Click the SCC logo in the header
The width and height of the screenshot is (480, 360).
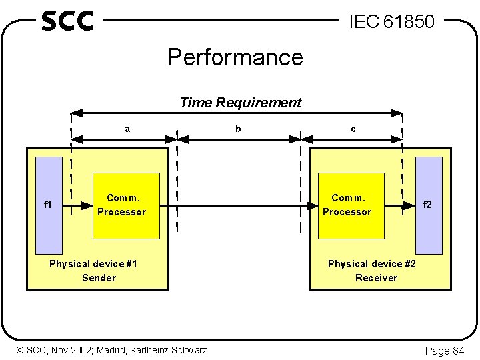coord(67,21)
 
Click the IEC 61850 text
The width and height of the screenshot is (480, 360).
coord(392,22)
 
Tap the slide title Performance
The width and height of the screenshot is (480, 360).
coord(235,57)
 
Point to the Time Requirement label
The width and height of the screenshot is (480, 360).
coord(241,103)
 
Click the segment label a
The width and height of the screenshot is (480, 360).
coord(127,129)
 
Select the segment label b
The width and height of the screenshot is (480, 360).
coord(238,129)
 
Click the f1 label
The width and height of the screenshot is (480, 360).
coord(48,205)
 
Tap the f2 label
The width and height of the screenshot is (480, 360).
coord(427,205)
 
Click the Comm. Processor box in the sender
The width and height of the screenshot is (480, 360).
coord(126,205)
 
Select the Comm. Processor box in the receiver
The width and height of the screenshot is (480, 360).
coord(351,205)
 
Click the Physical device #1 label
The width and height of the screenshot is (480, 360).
coord(93,264)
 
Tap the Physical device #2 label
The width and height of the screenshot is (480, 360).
coord(372,264)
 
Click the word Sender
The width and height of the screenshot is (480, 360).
coord(99,278)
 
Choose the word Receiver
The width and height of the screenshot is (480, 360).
coord(376,278)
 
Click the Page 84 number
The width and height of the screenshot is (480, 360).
coord(445,351)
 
